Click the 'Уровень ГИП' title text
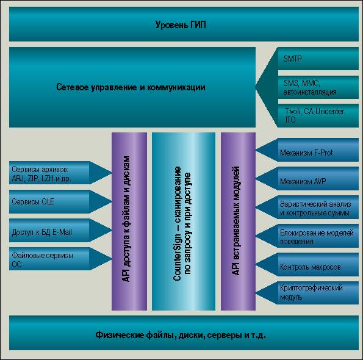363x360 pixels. [x=181, y=24]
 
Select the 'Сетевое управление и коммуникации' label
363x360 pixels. [x=131, y=87]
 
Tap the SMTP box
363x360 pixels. [x=318, y=59]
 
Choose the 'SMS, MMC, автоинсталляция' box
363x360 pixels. [x=318, y=87]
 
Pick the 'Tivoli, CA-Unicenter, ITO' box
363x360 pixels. [x=318, y=115]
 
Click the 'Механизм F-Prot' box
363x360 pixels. [x=318, y=149]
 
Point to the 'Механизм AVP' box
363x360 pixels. [x=318, y=179]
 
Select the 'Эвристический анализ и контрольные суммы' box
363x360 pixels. [x=318, y=207]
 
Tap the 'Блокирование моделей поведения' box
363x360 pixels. [x=318, y=236]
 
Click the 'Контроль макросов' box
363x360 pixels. [x=318, y=265]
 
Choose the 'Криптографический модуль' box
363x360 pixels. [x=318, y=293]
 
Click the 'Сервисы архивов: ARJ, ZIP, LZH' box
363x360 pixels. [x=49, y=173]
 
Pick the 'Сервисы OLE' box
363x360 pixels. [x=49, y=201]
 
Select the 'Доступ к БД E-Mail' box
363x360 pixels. [x=49, y=231]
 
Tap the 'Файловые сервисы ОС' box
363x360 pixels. [x=49, y=259]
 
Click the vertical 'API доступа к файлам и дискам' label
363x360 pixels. [x=126, y=218]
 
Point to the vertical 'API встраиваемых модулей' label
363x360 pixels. [x=235, y=220]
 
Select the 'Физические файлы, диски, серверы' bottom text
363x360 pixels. [x=181, y=335]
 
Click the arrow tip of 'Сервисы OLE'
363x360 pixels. [x=112, y=201]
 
